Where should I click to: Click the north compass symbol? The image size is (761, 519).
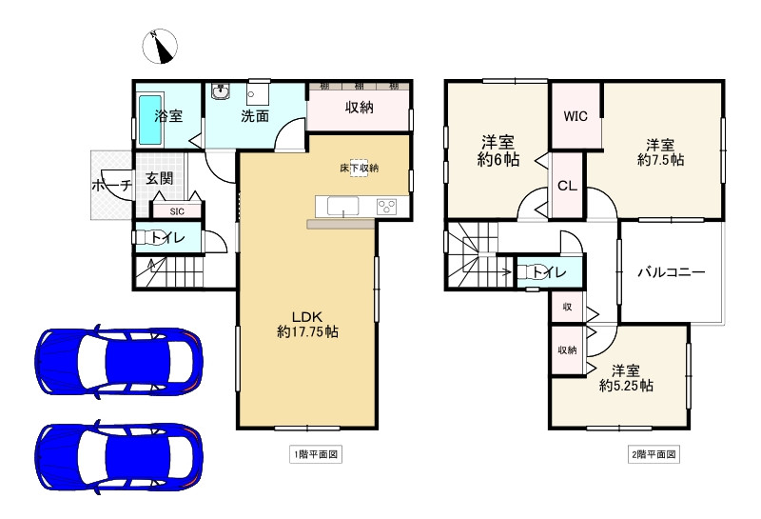click(160, 47)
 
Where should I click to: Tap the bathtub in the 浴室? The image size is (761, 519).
click(150, 120)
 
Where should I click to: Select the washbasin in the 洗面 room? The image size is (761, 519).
click(222, 91)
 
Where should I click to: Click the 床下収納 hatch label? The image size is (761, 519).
click(359, 169)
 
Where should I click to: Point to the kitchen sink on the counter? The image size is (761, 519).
click(343, 206)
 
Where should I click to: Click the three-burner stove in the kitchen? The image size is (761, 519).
click(386, 207)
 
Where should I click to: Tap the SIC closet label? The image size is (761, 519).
click(177, 211)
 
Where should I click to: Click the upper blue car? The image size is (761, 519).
click(120, 361)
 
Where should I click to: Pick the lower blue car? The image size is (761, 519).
click(120, 459)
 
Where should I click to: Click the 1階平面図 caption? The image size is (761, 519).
click(316, 454)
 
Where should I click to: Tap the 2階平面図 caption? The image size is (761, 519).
click(654, 454)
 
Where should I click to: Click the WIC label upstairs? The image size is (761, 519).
click(576, 116)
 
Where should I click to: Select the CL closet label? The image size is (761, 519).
click(567, 186)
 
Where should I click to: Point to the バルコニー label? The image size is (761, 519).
click(671, 271)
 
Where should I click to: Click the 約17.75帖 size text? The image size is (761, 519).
click(307, 332)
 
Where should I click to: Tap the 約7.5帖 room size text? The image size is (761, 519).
click(660, 159)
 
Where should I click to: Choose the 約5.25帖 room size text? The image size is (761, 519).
click(626, 386)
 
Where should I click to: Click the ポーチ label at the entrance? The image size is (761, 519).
click(112, 185)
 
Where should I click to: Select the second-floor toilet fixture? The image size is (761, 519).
click(528, 271)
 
